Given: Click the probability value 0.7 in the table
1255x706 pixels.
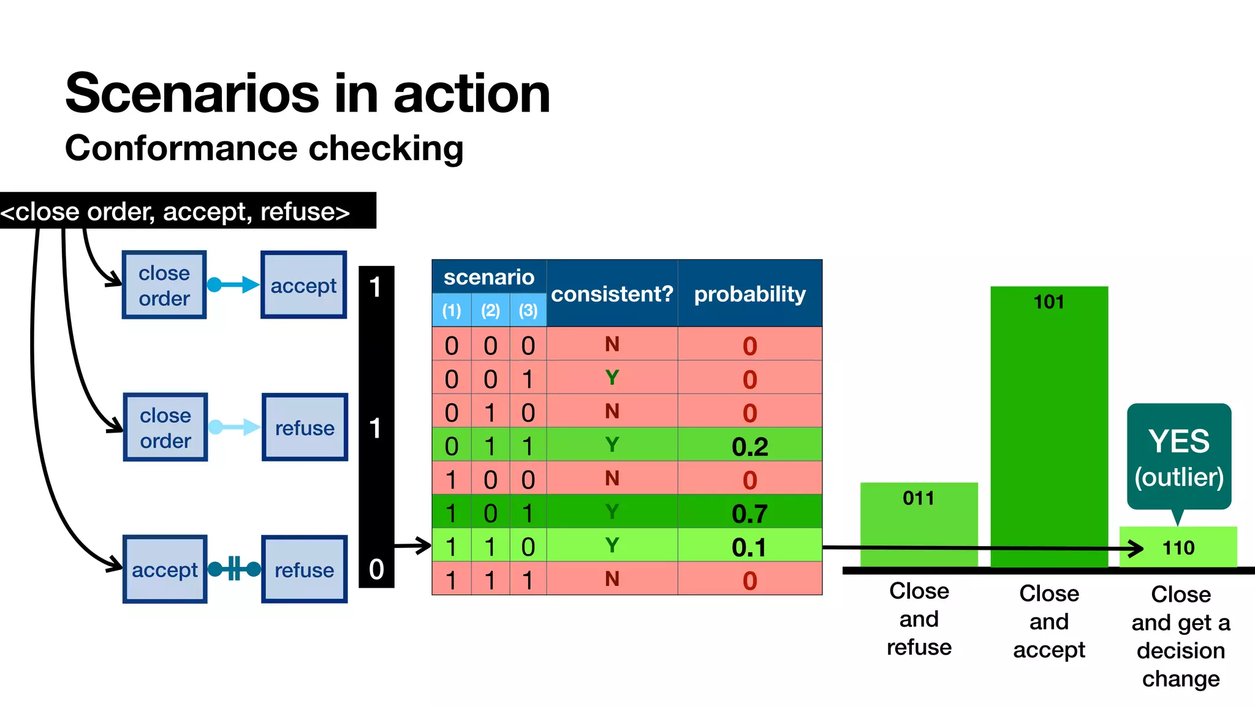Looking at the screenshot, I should (749, 513).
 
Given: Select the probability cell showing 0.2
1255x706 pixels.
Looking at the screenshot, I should (749, 446).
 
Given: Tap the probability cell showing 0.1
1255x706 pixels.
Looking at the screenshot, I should (749, 547).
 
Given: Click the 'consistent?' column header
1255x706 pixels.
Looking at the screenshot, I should (612, 294).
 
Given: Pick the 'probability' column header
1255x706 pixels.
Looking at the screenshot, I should (749, 294).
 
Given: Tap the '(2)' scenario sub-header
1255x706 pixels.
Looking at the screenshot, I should (490, 310).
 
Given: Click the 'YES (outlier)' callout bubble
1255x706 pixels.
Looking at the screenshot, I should (1179, 457).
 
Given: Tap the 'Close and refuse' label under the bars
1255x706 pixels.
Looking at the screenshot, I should (919, 619).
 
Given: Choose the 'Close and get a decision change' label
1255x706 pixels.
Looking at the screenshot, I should (1180, 636).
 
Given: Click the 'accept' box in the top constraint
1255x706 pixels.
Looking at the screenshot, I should (304, 285).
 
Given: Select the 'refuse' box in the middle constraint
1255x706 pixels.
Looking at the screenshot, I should (305, 427).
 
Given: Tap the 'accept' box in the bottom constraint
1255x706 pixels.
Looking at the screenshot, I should (165, 569).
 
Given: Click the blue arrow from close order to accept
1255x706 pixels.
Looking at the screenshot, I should (233, 284).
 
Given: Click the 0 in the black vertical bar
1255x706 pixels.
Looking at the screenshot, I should (376, 569).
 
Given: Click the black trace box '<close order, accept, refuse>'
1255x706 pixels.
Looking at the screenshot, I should (184, 211).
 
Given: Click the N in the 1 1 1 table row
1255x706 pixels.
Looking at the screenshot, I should (612, 579).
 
